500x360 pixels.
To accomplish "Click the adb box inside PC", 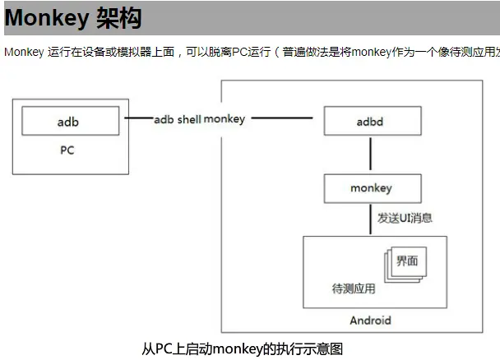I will pos(68,122).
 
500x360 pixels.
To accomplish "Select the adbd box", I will pos(372,122).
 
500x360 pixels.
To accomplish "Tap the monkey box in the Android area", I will pos(372,188).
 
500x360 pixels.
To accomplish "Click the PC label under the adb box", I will pos(68,151).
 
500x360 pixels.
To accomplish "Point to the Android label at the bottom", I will pos(371,320).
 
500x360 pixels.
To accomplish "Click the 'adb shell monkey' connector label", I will pos(200,119).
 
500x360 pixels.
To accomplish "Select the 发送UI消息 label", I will pos(405,219).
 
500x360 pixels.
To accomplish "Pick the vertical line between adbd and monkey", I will pos(372,155).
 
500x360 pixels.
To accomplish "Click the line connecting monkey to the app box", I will pos(372,219).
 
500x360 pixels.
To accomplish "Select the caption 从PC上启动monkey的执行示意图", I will pos(242,348).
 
